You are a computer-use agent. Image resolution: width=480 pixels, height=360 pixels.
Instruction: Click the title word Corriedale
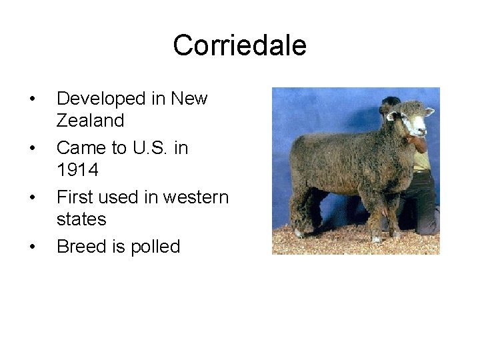click(239, 45)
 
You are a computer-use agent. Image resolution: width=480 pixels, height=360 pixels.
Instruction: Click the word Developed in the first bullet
click(100, 99)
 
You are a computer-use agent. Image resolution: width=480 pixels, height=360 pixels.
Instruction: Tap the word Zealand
click(90, 121)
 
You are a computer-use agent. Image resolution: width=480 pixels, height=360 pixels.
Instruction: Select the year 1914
click(77, 170)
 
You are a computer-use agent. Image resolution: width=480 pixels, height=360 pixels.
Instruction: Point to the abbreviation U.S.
click(155, 147)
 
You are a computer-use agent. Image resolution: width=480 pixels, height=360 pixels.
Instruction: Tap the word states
click(81, 219)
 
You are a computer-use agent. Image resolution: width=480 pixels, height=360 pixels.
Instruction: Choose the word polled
click(155, 247)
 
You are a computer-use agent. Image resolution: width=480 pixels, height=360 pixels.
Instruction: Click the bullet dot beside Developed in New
click(33, 99)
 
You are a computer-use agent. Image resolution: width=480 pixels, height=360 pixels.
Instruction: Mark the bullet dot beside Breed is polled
click(33, 247)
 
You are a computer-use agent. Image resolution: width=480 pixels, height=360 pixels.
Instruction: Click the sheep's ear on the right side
click(429, 111)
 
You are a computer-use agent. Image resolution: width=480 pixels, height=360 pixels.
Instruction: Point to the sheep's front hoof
click(377, 239)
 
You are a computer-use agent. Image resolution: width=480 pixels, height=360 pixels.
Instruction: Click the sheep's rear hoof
click(299, 233)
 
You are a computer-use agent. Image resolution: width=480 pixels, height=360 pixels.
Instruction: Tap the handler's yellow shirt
click(421, 160)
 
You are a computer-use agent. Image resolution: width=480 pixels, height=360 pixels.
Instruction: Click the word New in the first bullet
click(189, 99)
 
